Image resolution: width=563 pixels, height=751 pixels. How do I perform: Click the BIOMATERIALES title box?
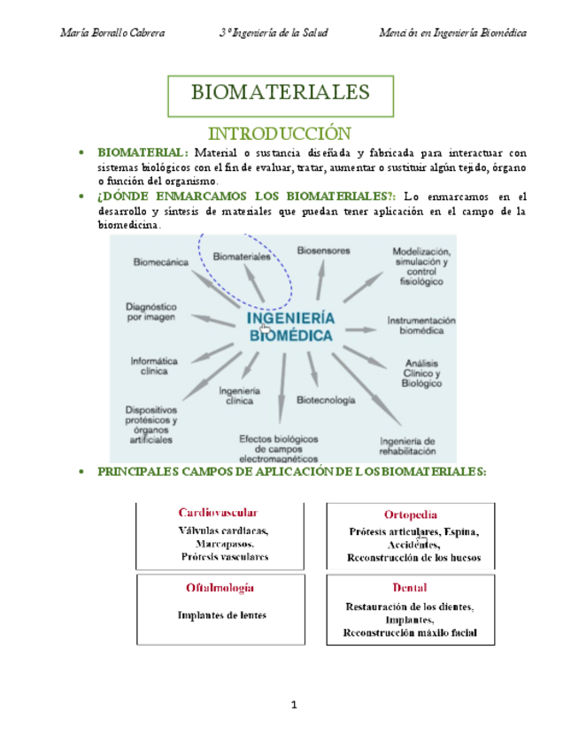click(x=281, y=94)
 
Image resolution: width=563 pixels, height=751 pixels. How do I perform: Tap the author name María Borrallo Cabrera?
click(x=112, y=33)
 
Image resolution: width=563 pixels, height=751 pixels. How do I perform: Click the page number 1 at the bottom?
click(x=293, y=704)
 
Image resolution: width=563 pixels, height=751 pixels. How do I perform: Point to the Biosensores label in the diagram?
click(x=322, y=250)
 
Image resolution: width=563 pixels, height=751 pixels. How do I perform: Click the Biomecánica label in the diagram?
click(x=160, y=262)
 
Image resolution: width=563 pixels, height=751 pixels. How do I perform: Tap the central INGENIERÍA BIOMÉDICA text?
click(x=289, y=327)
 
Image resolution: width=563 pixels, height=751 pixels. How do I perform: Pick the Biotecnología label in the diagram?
click(x=326, y=400)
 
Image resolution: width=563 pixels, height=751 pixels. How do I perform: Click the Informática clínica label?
click(x=154, y=367)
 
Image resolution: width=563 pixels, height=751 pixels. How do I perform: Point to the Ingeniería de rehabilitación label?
click(x=407, y=445)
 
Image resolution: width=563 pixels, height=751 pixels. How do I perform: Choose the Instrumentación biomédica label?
click(x=420, y=325)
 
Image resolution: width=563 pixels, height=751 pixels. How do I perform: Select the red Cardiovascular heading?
click(x=218, y=513)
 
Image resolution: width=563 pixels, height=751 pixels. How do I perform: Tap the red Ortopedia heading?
click(x=410, y=515)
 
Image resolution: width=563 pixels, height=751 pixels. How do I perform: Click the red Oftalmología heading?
click(x=220, y=587)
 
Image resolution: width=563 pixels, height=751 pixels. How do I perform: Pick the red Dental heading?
click(x=410, y=588)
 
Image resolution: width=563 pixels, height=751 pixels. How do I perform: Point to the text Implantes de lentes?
click(x=221, y=615)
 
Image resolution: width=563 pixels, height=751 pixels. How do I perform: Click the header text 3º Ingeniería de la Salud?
click(x=275, y=33)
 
